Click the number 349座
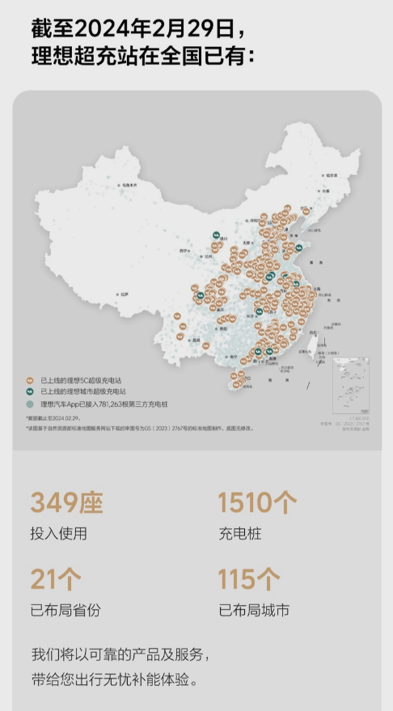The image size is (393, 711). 67,503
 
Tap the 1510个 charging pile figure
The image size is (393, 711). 257,503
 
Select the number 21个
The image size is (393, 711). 56,579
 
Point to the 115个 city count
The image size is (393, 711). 249,579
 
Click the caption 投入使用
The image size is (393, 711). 58,534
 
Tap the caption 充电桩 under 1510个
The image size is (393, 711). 239,534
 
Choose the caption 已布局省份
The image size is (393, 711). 66,610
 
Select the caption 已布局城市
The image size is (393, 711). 253,610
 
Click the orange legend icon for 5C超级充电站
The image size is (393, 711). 30,379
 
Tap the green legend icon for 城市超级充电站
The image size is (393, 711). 30,391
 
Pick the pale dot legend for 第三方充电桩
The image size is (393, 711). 30,403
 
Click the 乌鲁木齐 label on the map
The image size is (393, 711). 129,185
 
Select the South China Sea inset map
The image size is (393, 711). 352,386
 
